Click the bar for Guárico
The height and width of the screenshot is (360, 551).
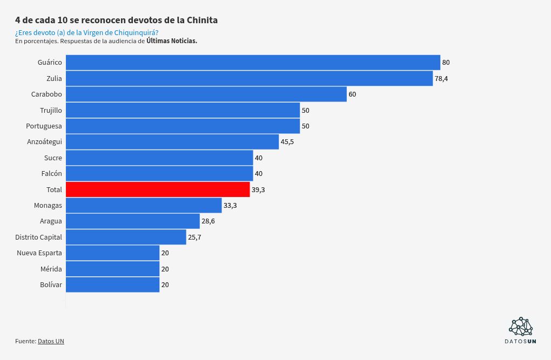pos(253,63)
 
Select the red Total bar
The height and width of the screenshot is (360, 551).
pos(158,189)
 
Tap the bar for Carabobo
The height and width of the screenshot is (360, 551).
pos(206,94)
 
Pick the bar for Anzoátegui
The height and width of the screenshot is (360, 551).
pos(172,142)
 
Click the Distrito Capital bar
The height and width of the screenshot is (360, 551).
pos(126,237)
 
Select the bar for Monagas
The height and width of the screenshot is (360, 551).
pos(144,205)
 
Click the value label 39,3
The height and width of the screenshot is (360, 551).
pos(258,190)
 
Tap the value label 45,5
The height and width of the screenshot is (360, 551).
pos(287,142)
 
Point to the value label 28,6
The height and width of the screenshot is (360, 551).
pos(208,221)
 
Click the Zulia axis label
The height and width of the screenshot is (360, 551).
pos(54,79)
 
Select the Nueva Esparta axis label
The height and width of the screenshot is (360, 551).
pos(39,253)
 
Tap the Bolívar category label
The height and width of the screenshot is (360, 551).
pos(51,285)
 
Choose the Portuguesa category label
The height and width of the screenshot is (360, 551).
pos(44,126)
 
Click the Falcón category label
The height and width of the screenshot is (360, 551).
pos(51,174)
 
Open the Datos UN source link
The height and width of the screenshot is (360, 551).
pos(51,341)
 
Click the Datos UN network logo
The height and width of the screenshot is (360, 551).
pos(521,327)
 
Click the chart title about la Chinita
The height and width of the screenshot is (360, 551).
pos(116,21)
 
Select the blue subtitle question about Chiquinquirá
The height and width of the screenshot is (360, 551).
pos(86,33)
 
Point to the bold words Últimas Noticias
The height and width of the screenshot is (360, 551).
pos(172,41)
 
